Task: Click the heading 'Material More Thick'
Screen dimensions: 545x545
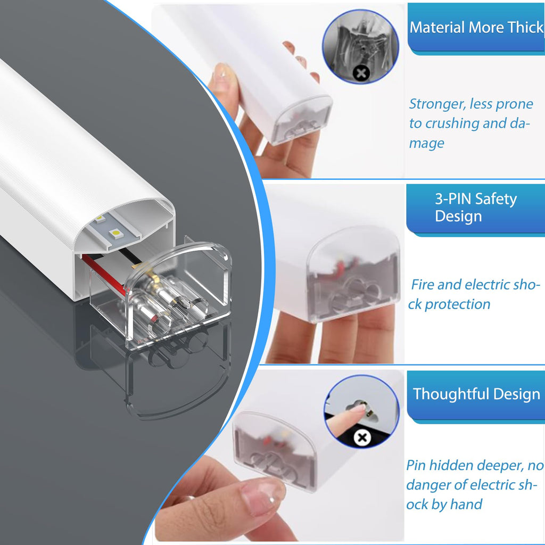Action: tap(476, 28)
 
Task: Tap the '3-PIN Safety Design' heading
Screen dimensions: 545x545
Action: tap(476, 208)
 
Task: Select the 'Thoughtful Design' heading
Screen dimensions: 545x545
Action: tap(476, 394)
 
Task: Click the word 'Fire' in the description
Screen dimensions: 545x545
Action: tap(422, 285)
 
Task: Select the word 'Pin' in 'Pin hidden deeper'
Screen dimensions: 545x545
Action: tap(416, 465)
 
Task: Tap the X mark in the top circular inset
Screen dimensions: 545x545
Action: tap(361, 73)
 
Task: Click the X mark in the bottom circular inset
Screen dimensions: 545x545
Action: tap(362, 437)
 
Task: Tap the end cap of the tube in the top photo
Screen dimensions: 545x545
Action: tap(301, 120)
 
